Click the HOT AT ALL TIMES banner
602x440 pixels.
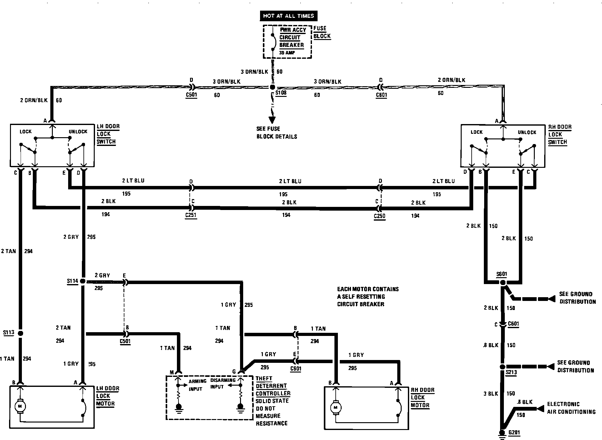pos(288,16)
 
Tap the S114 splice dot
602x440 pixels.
pos(83,281)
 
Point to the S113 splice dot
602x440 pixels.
pos(21,333)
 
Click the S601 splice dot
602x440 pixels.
pos(502,282)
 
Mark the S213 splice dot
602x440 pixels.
pos(502,367)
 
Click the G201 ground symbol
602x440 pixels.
pos(502,433)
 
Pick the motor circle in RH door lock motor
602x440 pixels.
pos(336,407)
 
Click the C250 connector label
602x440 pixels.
pos(379,216)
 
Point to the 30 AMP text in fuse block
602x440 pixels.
pos(287,53)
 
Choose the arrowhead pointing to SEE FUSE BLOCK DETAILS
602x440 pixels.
pos(272,120)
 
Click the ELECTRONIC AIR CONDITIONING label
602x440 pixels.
pos(571,408)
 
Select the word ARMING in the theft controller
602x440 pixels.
pos(198,381)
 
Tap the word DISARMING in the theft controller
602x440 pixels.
pos(223,380)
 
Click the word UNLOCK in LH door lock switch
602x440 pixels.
pos(78,132)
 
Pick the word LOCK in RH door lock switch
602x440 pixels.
pos(477,132)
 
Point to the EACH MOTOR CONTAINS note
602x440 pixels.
pos(368,289)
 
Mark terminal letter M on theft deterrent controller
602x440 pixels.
pos(172,372)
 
